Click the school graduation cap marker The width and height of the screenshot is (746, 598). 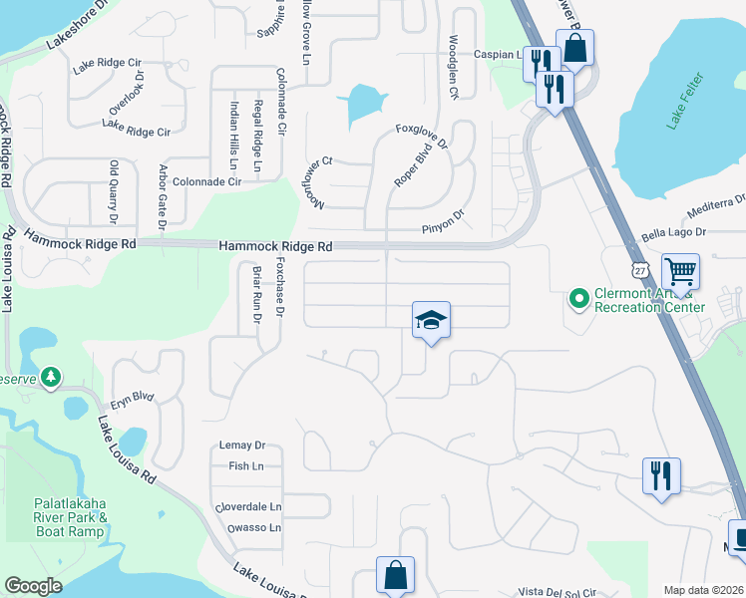(x=431, y=321)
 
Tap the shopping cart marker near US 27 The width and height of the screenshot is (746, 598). (x=680, y=272)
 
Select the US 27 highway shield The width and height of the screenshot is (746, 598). (x=639, y=270)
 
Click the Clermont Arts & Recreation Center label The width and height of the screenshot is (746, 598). (x=649, y=300)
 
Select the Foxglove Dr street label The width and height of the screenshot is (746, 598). (x=422, y=129)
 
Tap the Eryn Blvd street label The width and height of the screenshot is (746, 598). (x=133, y=397)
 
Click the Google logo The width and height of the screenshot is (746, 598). (x=34, y=586)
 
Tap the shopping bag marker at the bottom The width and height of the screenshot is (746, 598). (x=395, y=575)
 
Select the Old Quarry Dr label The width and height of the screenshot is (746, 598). (x=114, y=192)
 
